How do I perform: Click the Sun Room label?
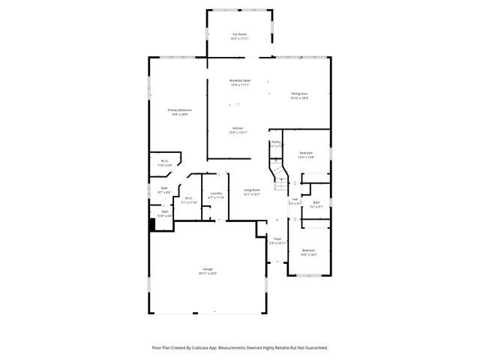click(240, 34)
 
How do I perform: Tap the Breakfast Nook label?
click(240, 80)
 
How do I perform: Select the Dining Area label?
click(299, 94)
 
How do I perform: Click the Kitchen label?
click(238, 128)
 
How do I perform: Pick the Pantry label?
click(276, 141)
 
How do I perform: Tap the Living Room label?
click(252, 190)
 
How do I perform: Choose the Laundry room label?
click(216, 193)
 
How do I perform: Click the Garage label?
click(207, 268)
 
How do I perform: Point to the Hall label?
click(295, 199)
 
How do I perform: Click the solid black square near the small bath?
click(153, 225)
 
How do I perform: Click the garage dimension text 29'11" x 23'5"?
click(207, 273)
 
